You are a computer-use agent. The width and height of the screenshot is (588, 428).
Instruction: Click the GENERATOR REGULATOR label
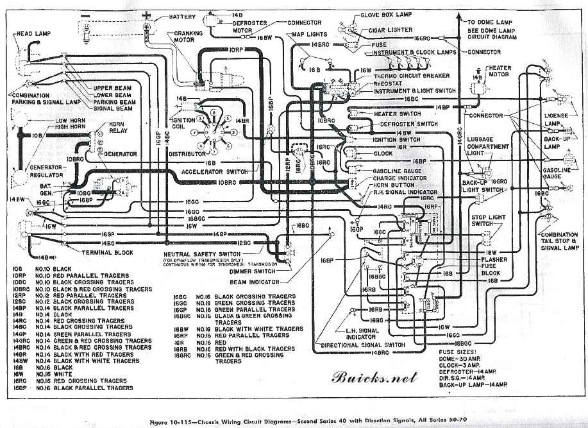(31, 170)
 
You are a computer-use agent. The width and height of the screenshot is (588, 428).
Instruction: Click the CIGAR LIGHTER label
(389, 30)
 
